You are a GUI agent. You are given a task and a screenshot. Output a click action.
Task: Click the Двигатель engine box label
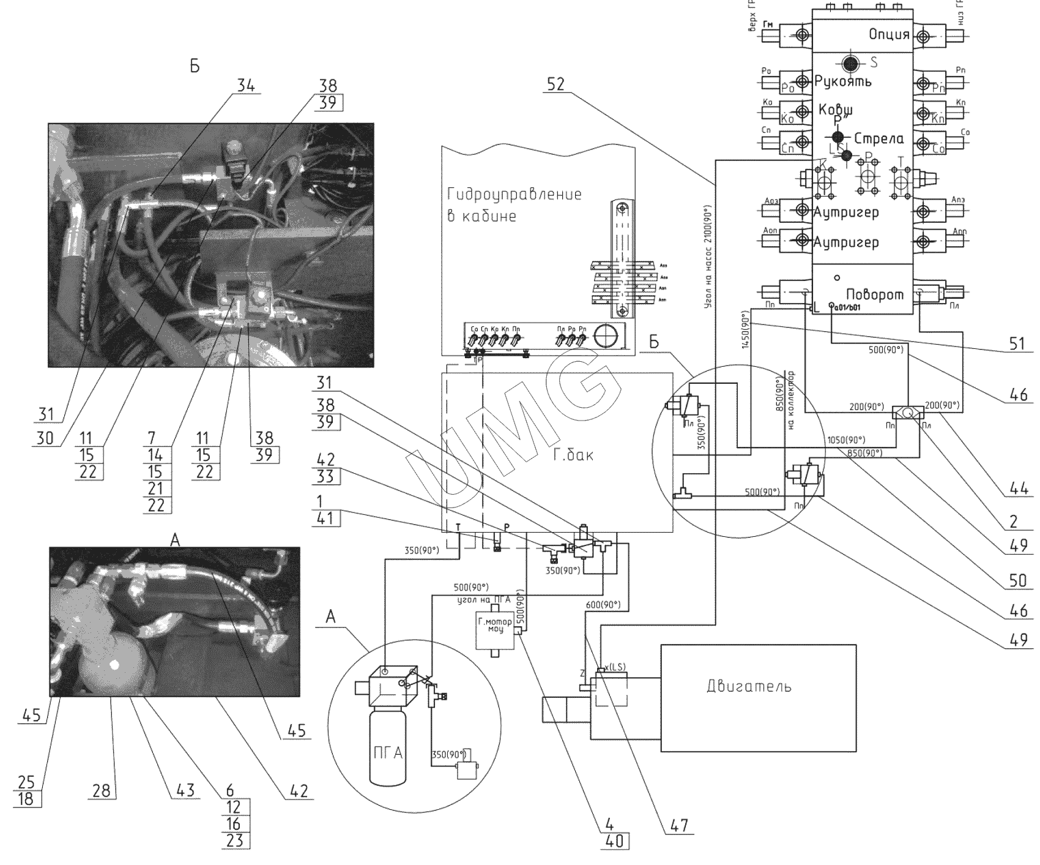[x=749, y=686]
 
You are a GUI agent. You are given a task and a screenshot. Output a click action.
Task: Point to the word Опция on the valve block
[x=890, y=34]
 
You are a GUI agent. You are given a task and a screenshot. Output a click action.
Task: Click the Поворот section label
[x=874, y=294]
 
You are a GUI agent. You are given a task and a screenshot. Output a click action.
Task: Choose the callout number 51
[x=1016, y=344]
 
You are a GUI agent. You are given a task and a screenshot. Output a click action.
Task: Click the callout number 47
[x=678, y=826]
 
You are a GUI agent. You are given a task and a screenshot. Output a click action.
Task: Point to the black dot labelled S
[x=849, y=62]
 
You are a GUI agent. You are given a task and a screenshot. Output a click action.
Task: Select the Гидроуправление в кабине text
[x=514, y=205]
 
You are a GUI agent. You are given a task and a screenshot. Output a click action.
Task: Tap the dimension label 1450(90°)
[x=746, y=332]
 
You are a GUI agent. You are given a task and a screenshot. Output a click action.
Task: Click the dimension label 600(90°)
[x=603, y=605]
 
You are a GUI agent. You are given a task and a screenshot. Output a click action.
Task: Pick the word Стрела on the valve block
[x=878, y=138]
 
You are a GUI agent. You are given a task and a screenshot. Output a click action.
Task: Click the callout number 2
[x=1014, y=521]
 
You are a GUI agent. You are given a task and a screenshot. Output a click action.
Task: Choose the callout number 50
[x=1017, y=579]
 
